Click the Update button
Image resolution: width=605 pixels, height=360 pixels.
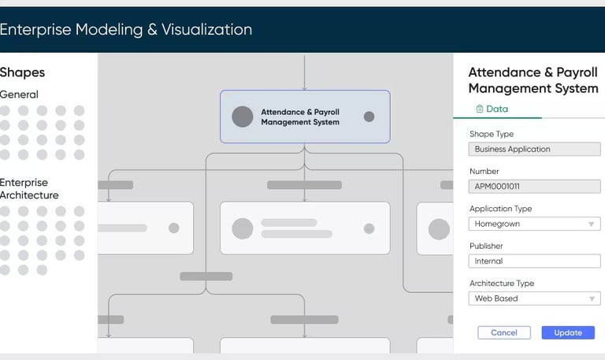(x=568, y=332)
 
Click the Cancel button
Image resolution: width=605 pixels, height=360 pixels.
(x=504, y=332)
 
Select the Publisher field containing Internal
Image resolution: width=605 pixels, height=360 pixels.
(x=534, y=261)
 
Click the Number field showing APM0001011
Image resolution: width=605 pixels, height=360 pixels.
(x=534, y=187)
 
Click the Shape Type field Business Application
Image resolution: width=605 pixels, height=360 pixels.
(x=534, y=149)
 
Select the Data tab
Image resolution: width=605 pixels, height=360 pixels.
(x=492, y=109)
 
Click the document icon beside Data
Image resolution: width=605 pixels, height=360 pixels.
(x=479, y=109)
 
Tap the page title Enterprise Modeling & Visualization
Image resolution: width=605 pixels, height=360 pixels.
(x=126, y=30)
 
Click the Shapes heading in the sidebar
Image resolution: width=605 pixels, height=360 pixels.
(x=22, y=72)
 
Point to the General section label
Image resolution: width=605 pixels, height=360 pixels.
(x=19, y=95)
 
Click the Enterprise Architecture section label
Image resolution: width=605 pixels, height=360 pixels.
(x=29, y=189)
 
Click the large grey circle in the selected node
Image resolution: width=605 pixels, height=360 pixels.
(x=243, y=117)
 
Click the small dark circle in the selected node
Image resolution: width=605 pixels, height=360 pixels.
(x=369, y=117)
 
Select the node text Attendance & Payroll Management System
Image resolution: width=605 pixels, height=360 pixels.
(x=300, y=117)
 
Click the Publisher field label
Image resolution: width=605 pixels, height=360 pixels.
(x=486, y=247)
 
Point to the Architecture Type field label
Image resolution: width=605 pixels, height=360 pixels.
(x=502, y=284)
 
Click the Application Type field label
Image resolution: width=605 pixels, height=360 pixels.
(x=500, y=209)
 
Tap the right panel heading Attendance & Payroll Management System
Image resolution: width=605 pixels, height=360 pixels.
(x=533, y=80)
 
